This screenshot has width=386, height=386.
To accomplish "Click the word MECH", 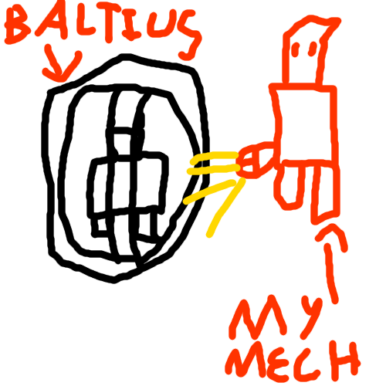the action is pos(292,361).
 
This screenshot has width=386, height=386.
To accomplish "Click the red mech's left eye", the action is pos(296,49).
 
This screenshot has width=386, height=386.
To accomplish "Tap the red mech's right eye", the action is pos(313,49).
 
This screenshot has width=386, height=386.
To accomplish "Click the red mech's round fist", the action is pos(256,160).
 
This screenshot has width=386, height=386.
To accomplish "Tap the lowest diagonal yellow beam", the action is pos(225,207).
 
